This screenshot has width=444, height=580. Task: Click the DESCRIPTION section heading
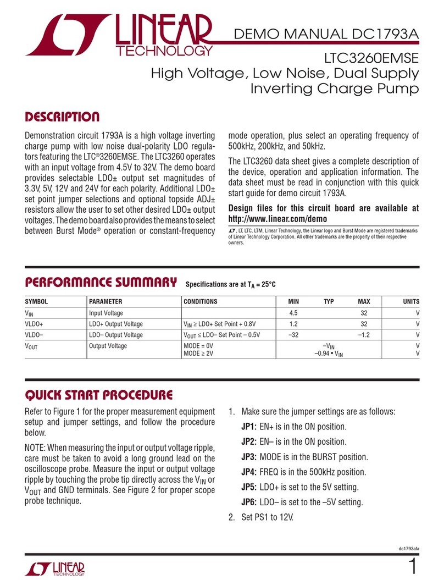(x=63, y=117)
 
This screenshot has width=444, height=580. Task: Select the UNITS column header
(x=410, y=302)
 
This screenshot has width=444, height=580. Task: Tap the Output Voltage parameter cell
(x=108, y=346)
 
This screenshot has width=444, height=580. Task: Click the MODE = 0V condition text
(x=198, y=346)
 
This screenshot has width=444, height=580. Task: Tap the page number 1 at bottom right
(x=413, y=567)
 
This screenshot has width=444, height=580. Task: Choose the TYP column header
(x=329, y=302)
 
